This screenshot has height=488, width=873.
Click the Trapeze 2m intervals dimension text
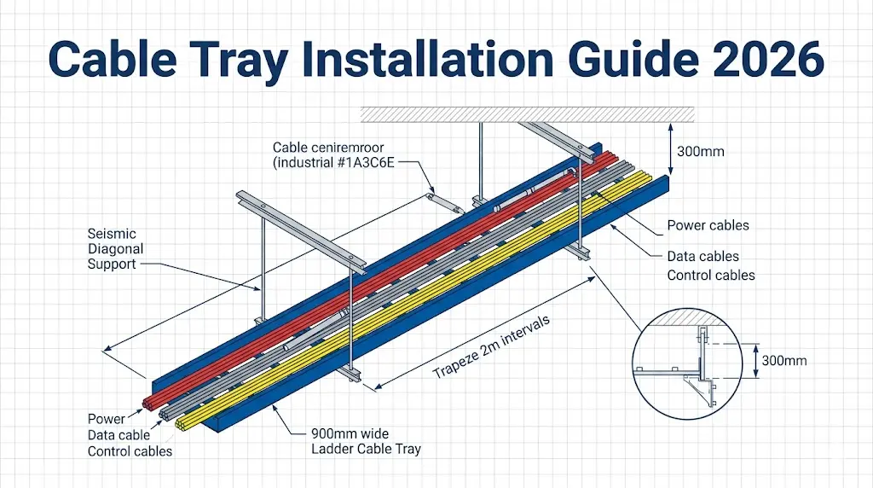point(493,348)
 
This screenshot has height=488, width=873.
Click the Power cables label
point(707,225)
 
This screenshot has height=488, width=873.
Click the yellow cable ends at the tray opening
point(182,421)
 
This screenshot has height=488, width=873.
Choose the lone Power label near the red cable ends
point(106,419)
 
